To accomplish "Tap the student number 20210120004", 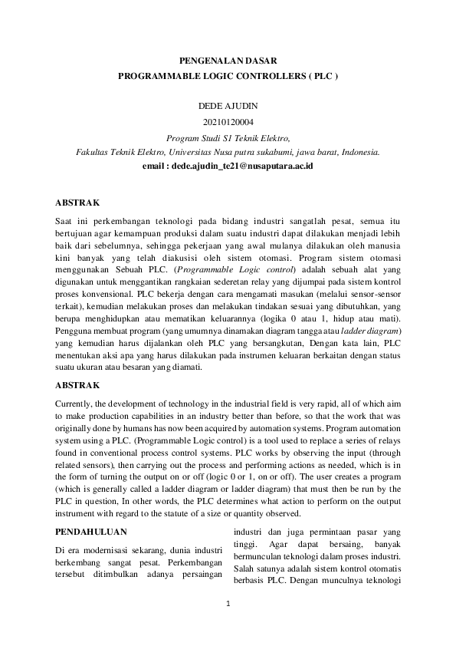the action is point(228,121).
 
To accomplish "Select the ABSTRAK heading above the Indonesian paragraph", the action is point(77,203).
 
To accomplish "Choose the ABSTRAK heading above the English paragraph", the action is point(77,387).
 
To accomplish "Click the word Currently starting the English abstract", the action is point(77,404).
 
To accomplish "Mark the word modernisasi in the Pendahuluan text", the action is point(110,550).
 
